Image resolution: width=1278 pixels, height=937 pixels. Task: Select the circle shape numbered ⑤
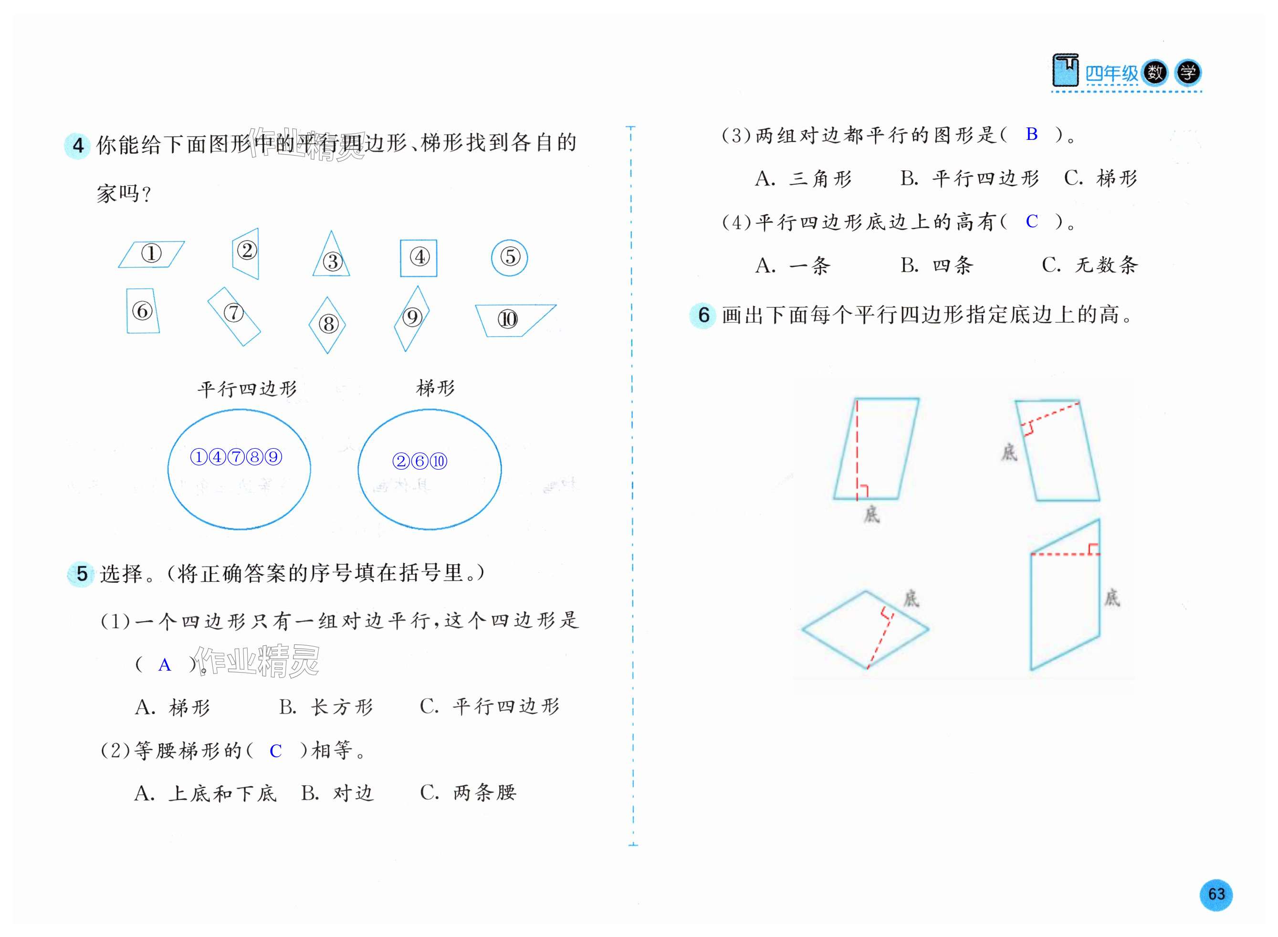coord(509,257)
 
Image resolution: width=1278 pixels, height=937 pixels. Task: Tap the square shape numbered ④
coord(419,258)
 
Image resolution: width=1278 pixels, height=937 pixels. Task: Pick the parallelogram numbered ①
coord(151,254)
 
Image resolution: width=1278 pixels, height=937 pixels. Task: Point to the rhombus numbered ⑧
coord(328,325)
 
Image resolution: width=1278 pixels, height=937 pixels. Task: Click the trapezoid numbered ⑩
coord(510,319)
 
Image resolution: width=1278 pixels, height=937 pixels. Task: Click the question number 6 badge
coord(703,316)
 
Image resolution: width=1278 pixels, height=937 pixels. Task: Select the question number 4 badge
coord(78,146)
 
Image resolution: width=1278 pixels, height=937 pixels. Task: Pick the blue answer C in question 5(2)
coord(275,751)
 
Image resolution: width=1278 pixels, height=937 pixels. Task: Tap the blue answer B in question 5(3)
coord(1031,135)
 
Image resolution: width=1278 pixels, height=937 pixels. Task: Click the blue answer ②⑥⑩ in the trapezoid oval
coord(419,461)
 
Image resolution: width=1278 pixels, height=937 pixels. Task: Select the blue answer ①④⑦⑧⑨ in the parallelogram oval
coord(236,457)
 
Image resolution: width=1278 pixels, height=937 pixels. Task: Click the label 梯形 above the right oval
coord(435,389)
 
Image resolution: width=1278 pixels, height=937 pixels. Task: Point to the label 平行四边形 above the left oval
coord(247,389)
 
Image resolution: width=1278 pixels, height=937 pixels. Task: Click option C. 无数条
coord(1089,265)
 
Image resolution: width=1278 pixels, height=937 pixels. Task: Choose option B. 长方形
coord(326,707)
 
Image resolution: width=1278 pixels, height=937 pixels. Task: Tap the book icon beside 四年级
coord(1064,70)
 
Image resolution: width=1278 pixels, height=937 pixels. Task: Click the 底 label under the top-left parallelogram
coord(871,515)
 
